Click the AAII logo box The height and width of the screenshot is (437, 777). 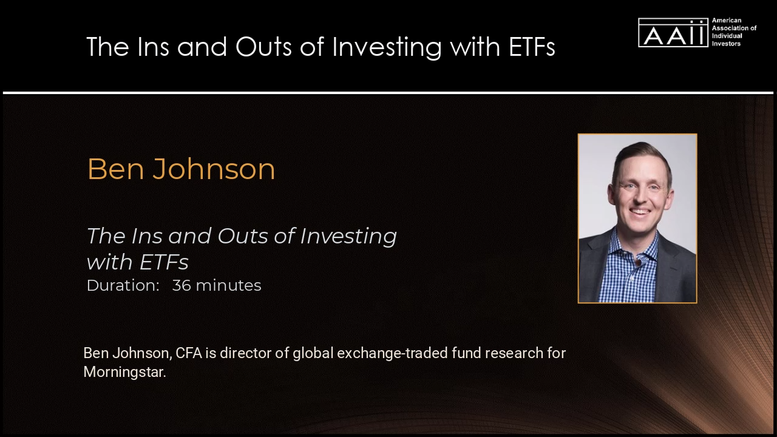[x=673, y=33]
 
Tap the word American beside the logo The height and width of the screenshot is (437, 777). [x=727, y=21]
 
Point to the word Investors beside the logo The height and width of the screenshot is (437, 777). [x=726, y=44]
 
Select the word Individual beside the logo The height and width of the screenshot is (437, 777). [x=727, y=36]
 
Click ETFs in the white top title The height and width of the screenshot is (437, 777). [x=532, y=47]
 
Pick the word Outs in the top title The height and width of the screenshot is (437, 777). [x=263, y=47]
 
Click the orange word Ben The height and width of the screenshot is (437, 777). [x=116, y=169]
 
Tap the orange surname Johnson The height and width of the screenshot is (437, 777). [x=214, y=169]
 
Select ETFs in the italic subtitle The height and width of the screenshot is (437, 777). [x=164, y=262]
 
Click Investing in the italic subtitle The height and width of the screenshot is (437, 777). [x=348, y=237]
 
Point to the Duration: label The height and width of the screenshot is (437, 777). [x=123, y=285]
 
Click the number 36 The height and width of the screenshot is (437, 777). [x=182, y=285]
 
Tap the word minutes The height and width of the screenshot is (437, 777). [x=229, y=285]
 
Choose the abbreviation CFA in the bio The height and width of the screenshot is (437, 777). [x=189, y=353]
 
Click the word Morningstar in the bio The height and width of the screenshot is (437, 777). [x=125, y=372]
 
